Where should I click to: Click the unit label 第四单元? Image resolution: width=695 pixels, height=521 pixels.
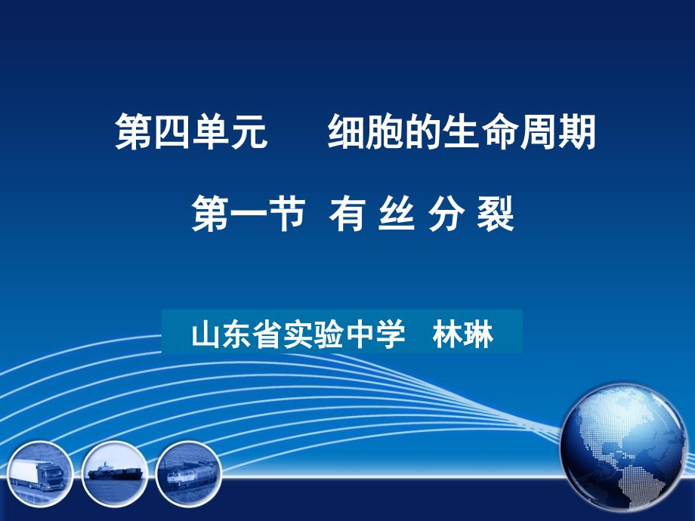(191, 132)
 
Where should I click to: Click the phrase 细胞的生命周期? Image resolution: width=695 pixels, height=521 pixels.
(462, 132)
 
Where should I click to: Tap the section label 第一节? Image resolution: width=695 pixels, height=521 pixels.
(249, 214)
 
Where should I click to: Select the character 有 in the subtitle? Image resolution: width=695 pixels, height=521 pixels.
(347, 214)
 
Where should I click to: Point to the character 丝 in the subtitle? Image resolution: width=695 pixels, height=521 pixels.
(397, 214)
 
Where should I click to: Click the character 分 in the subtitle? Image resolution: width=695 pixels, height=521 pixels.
(446, 214)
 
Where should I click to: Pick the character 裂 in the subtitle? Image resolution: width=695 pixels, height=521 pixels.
(496, 214)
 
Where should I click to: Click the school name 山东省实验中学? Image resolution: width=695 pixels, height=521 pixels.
(298, 334)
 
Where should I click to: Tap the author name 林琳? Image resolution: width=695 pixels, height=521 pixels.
(463, 334)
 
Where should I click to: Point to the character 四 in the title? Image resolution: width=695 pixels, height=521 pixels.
(172, 132)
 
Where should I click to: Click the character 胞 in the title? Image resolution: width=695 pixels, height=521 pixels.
(385, 132)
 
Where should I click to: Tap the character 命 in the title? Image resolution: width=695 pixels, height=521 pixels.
(500, 132)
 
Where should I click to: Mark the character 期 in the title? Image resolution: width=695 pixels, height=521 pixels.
(577, 132)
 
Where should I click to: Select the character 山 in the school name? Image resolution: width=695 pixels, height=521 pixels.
(206, 334)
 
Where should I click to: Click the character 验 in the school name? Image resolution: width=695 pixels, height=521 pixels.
(329, 334)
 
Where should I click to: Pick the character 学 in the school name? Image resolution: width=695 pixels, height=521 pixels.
(390, 334)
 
